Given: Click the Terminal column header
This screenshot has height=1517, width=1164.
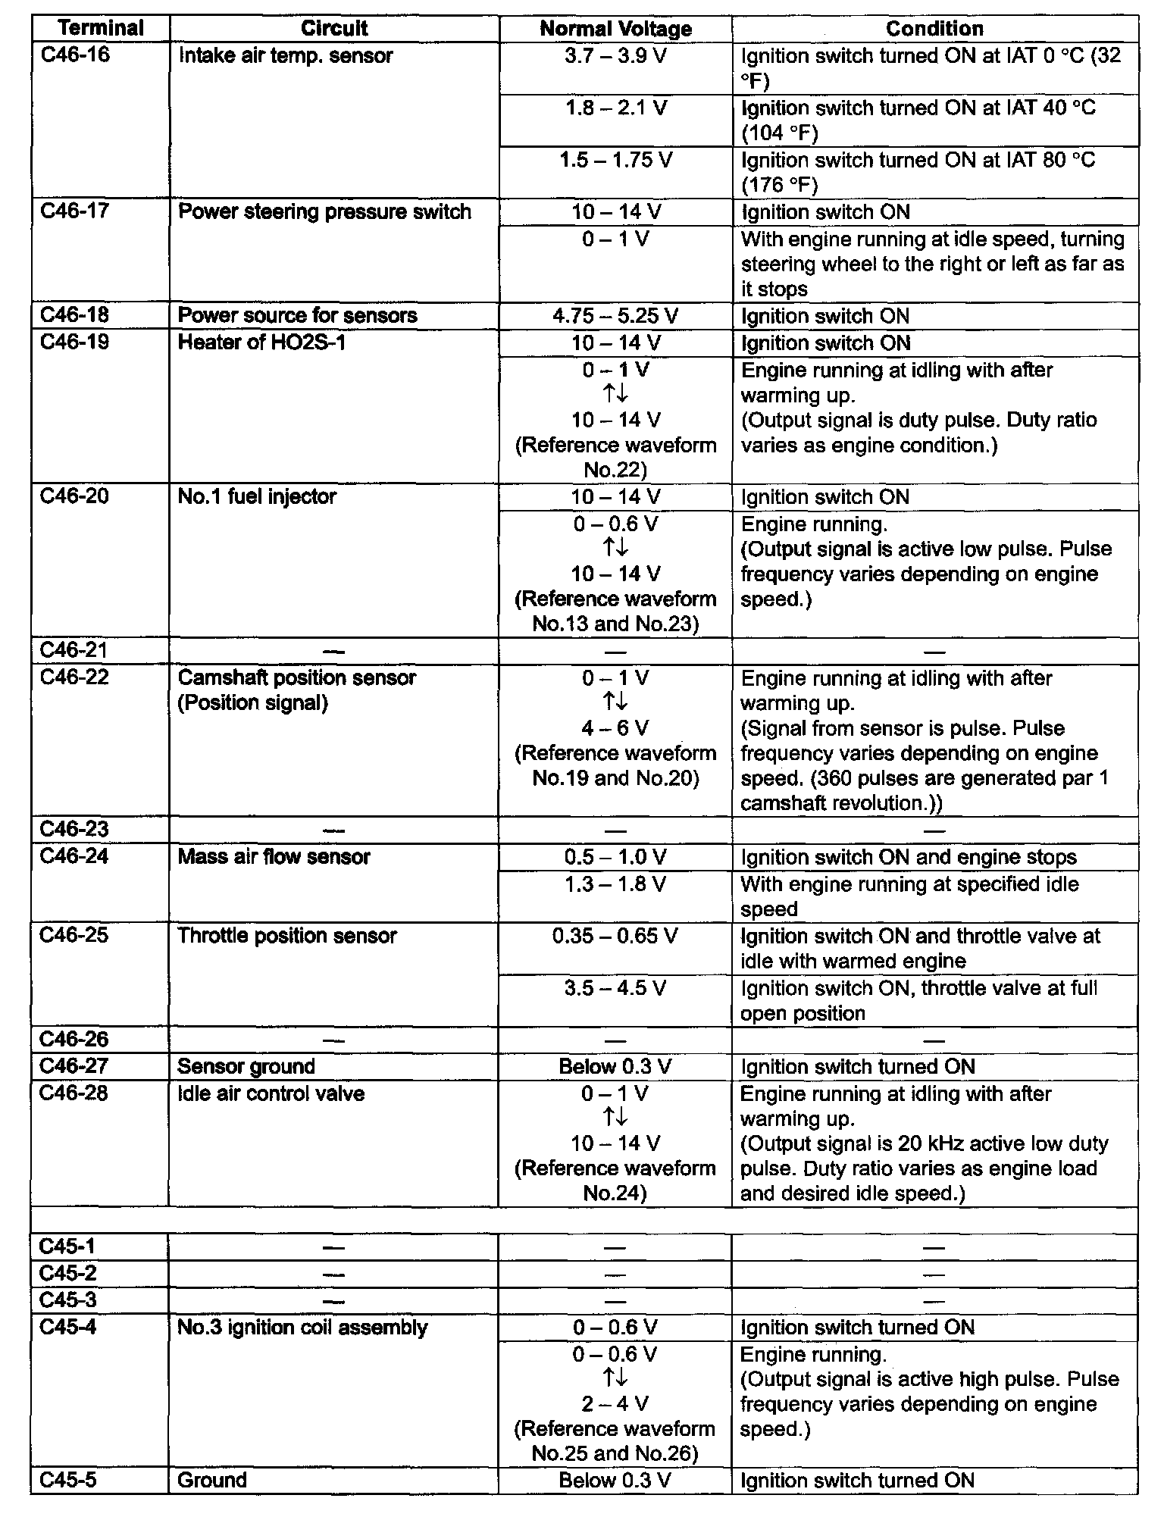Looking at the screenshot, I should (x=100, y=29).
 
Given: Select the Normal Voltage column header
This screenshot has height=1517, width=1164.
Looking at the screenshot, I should (x=615, y=29).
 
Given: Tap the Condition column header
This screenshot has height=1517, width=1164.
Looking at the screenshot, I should (x=934, y=29).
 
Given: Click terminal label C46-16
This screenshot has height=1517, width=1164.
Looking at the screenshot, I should (x=74, y=55).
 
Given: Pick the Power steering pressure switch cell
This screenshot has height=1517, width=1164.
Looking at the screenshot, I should (x=324, y=211).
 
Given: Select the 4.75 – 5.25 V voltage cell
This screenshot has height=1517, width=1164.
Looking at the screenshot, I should (x=615, y=315).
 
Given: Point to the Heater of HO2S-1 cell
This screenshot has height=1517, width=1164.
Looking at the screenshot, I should (x=261, y=342).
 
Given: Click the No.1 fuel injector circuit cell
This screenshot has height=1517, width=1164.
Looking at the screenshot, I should (x=257, y=497).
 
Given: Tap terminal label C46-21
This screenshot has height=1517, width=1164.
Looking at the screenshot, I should (x=74, y=651).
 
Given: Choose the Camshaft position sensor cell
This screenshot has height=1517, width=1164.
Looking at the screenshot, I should (x=296, y=678).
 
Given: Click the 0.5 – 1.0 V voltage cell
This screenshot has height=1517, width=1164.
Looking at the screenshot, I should (x=615, y=857).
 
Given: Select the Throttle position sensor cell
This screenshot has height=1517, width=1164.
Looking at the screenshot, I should (x=287, y=936).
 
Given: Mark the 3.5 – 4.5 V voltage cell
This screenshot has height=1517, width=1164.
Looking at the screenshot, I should (x=615, y=988).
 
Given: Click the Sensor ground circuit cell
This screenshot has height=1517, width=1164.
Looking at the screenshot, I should (x=246, y=1066).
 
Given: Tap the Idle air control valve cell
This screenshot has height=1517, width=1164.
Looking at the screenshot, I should (x=271, y=1093).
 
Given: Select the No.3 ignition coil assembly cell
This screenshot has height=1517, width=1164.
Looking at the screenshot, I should (x=302, y=1327).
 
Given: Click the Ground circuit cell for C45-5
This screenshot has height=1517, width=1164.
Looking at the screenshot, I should (x=212, y=1480).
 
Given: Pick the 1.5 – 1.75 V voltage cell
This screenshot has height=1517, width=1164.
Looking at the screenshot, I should (x=615, y=161).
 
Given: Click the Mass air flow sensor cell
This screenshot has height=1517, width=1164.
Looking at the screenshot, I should (x=274, y=857).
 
